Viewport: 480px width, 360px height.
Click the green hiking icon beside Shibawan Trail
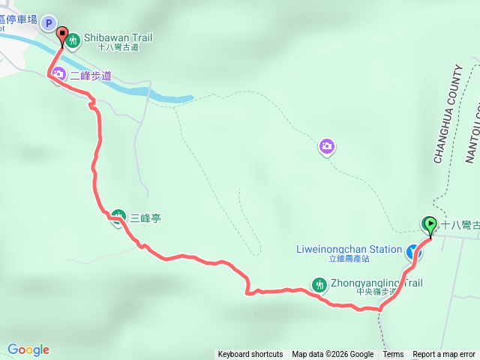pos(73,40)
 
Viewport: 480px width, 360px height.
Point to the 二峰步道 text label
pos(91,75)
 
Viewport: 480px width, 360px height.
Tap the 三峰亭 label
pos(145,218)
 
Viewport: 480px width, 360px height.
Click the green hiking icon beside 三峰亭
pos(118,217)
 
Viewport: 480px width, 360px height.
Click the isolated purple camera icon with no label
pos(326,145)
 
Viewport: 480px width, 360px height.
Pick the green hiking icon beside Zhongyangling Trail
pos(318,285)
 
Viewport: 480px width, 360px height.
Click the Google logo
pos(28,349)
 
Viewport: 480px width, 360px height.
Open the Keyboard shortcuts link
pos(250,355)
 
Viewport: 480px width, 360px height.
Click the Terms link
pos(393,355)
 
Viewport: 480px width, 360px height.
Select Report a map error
pos(444,355)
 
